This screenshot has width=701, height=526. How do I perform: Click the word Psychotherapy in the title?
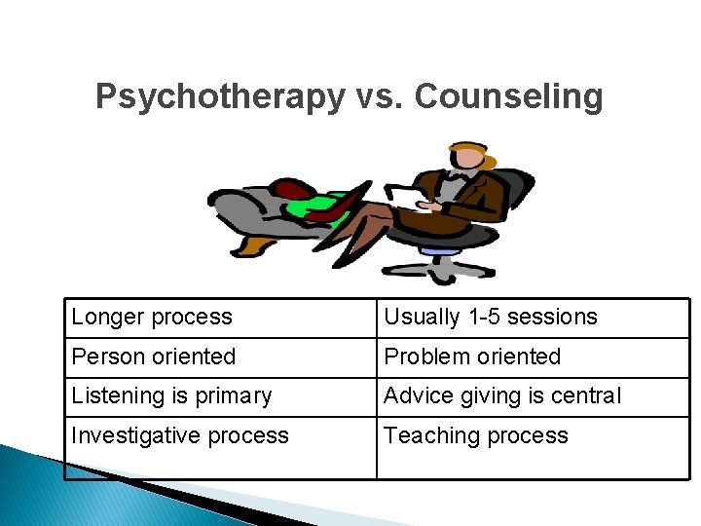click(x=219, y=97)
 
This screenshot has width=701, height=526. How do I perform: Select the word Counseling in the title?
click(x=508, y=97)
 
